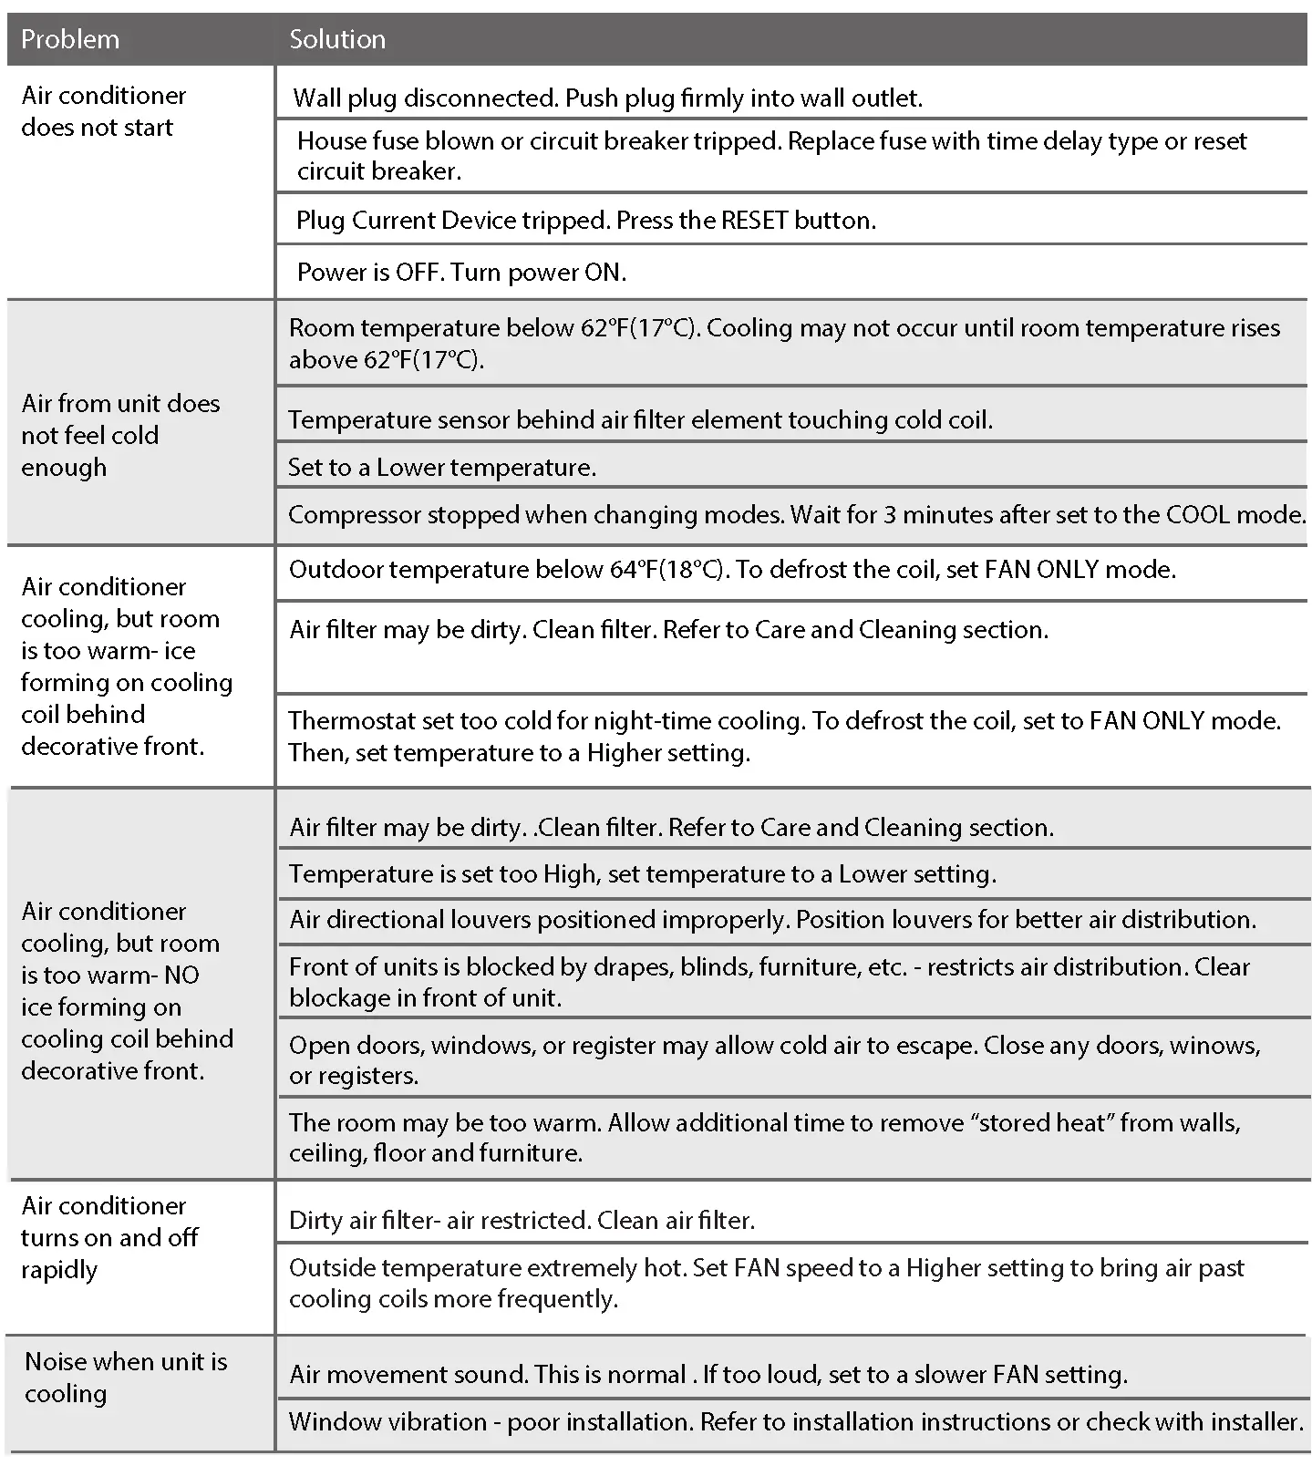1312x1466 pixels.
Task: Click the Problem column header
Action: click(70, 39)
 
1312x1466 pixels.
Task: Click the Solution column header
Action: click(337, 39)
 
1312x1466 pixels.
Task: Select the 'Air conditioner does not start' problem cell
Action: click(104, 111)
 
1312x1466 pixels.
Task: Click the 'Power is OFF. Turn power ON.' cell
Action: click(461, 272)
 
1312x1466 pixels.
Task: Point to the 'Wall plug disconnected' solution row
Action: click(607, 98)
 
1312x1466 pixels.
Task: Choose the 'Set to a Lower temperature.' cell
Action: click(442, 468)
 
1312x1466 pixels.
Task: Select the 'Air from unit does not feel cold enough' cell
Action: click(120, 435)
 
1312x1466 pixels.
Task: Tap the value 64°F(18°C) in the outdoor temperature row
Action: click(668, 570)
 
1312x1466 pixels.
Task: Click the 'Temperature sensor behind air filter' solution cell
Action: click(640, 419)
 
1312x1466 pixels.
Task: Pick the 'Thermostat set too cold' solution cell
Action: click(784, 736)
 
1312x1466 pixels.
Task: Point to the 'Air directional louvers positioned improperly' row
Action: click(772, 919)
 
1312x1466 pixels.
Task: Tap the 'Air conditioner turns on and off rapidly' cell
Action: click(109, 1237)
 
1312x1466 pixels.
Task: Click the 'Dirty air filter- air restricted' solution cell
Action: click(522, 1221)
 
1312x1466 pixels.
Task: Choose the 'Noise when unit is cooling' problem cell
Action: click(126, 1377)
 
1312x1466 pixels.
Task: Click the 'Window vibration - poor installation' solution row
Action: click(795, 1421)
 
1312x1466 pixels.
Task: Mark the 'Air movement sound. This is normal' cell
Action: click(708, 1374)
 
